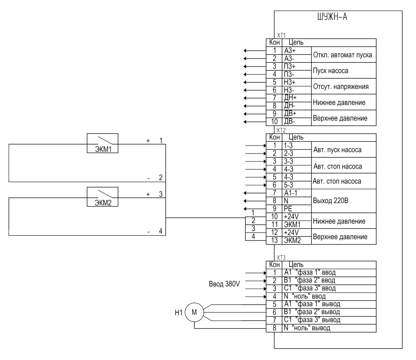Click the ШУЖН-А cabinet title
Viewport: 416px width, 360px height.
(x=332, y=17)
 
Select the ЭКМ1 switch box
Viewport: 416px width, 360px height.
(x=102, y=143)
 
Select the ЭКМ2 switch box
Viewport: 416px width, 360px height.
(x=102, y=197)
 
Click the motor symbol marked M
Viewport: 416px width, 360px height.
(x=194, y=312)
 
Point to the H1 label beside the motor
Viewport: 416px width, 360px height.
(x=179, y=313)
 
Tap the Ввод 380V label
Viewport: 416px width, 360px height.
(x=224, y=284)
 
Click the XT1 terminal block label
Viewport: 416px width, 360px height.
(x=281, y=35)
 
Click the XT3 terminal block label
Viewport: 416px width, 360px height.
(x=281, y=258)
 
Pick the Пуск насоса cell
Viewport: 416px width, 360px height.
(x=344, y=70)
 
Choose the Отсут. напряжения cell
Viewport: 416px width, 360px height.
(x=344, y=86)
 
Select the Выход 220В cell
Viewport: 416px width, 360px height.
(x=344, y=201)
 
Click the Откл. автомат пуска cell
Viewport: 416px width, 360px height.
(x=344, y=54)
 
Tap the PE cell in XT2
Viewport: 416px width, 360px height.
(x=297, y=209)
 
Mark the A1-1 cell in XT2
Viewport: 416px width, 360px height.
(x=297, y=193)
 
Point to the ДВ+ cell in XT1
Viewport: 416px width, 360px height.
(x=297, y=114)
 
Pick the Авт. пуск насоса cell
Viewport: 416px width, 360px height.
(x=344, y=150)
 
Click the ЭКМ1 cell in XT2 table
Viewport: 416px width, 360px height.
(x=297, y=225)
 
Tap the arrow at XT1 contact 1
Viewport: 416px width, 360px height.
(x=255, y=50)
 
